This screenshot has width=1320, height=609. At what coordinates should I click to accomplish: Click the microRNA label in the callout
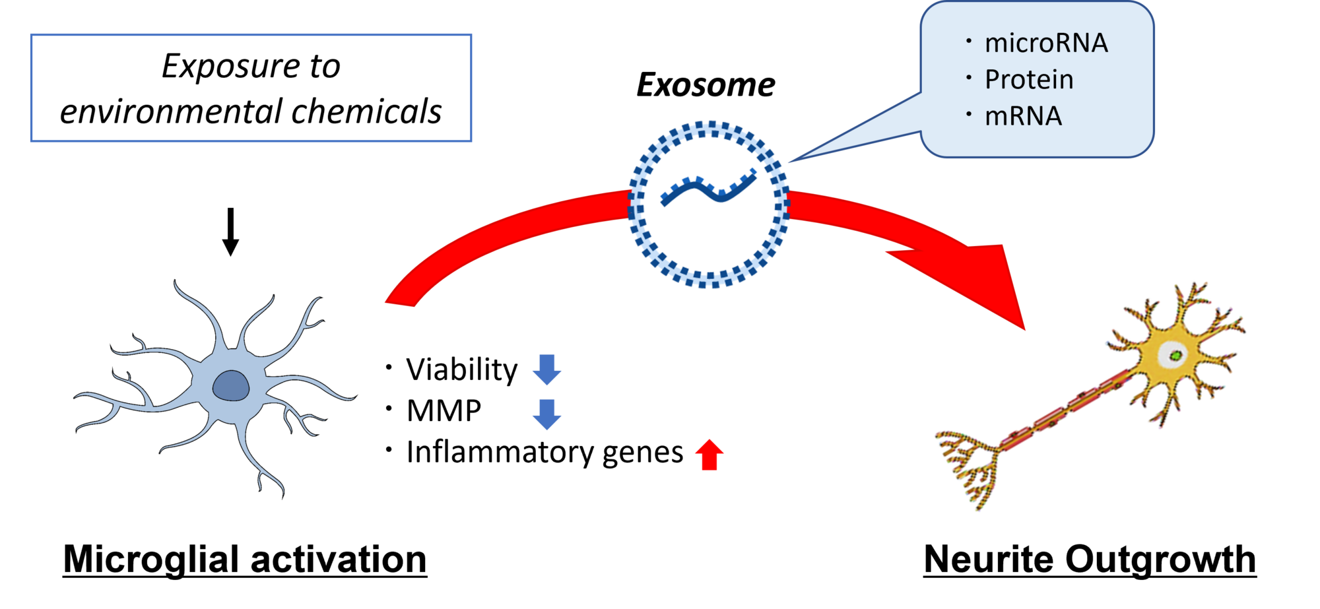point(1046,44)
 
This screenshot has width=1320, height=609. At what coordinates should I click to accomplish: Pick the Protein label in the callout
point(1029,80)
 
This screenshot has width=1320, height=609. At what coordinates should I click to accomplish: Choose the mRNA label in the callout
point(1023,116)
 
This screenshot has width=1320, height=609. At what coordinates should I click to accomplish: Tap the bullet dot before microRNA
point(969,42)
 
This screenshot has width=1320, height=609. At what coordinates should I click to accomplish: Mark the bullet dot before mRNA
point(969,114)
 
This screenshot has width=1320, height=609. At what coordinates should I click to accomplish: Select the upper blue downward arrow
point(546,369)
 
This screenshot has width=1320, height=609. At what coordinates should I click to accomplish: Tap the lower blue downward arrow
point(546,414)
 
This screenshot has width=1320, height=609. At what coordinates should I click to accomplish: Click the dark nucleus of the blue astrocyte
point(230,386)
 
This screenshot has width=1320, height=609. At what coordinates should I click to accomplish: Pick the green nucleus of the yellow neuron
point(1175,356)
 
